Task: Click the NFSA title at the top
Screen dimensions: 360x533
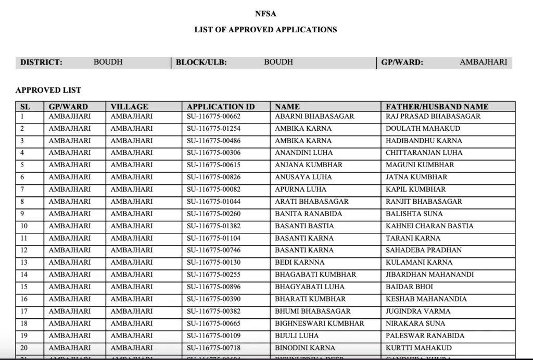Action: (x=265, y=14)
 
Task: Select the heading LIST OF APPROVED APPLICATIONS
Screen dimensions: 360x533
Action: (x=265, y=30)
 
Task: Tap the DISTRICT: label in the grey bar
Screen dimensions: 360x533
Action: (x=41, y=63)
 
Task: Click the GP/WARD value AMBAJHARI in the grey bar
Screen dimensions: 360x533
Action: (x=483, y=62)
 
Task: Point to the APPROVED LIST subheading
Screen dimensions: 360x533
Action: (x=48, y=90)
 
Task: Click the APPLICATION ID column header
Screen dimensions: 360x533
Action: (x=221, y=107)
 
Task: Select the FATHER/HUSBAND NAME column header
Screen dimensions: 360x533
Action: (x=437, y=107)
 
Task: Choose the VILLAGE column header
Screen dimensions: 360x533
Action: (x=129, y=107)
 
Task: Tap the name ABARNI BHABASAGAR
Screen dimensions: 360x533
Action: (x=314, y=116)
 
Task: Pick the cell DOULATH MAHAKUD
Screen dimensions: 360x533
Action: (x=423, y=129)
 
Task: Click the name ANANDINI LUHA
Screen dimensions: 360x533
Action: (x=303, y=153)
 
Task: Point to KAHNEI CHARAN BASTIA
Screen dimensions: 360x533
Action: (x=429, y=226)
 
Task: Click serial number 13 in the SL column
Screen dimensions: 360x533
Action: (x=24, y=263)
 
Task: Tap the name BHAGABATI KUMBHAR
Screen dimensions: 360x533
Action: (x=315, y=275)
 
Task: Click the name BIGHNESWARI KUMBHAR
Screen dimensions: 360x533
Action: (x=320, y=324)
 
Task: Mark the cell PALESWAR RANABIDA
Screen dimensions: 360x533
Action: (x=425, y=336)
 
